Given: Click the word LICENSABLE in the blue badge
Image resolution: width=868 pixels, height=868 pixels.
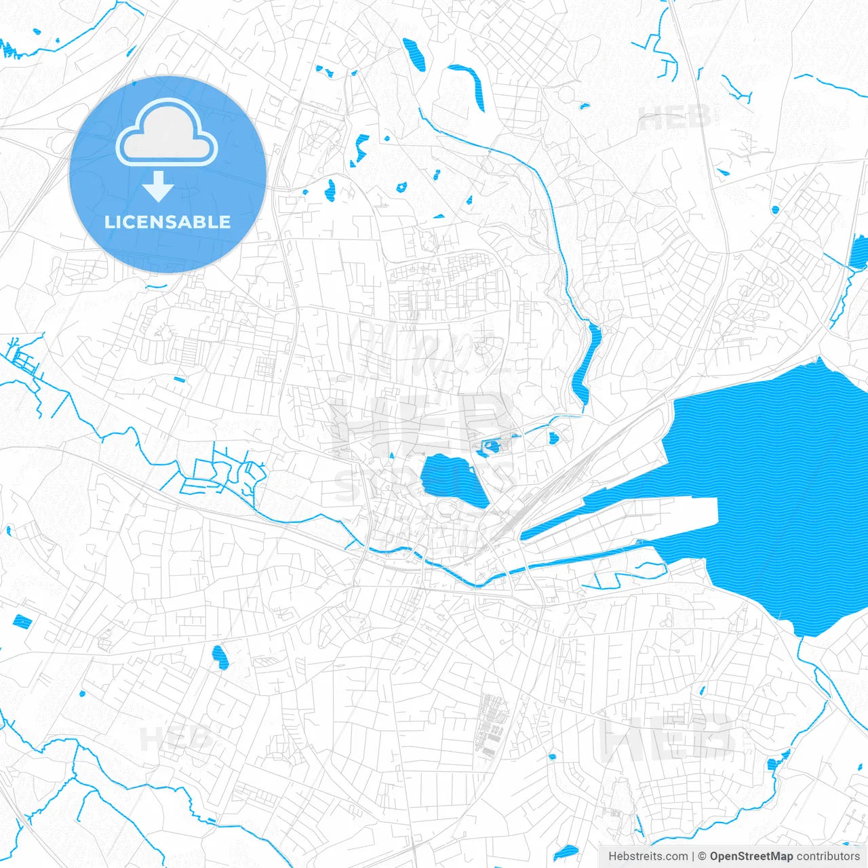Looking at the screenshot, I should coord(167,222).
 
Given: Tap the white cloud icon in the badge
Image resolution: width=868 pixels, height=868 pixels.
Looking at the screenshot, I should coord(167,134).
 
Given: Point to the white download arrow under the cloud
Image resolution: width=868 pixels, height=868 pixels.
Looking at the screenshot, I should coord(158,186).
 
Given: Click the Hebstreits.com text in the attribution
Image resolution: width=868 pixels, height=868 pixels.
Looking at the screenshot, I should coord(648,856).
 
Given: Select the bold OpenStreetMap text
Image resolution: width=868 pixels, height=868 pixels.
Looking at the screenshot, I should coord(751,856).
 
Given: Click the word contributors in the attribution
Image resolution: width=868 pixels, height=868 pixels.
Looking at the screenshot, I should coord(827,856).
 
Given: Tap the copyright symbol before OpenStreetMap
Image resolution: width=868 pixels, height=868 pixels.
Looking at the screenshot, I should coord(703,856).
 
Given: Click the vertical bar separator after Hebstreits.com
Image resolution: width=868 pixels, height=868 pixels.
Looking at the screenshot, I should coord(693,856).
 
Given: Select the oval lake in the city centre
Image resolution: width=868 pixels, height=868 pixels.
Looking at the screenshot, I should coord(451,479).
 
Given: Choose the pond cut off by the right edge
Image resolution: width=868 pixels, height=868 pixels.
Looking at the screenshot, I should coord(859,252).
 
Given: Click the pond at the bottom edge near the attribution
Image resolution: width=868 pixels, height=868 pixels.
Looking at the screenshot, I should coord(564,853).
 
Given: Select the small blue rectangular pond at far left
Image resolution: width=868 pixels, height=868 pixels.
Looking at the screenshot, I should coord(22,620).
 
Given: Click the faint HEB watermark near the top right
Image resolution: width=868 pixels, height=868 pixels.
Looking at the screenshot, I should coord(675,119).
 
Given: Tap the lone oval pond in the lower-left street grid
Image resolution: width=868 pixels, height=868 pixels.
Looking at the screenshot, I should coord(219,656).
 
